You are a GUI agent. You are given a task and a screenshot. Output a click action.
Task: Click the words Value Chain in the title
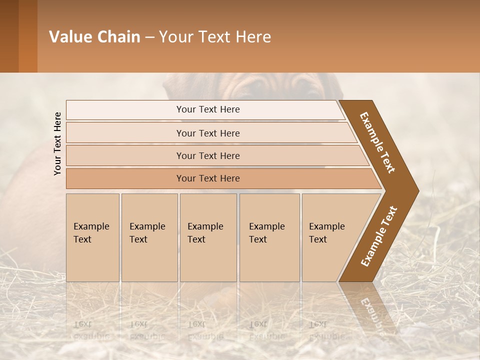coord(94,37)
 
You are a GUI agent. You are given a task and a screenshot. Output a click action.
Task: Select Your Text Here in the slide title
coord(215,37)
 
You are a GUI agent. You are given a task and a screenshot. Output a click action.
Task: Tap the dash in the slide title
coord(149,37)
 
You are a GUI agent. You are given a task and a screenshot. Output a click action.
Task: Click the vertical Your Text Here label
coord(57,143)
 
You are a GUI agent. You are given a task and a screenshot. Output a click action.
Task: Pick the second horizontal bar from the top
coord(207,133)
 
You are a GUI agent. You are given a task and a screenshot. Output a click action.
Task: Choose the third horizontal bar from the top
coord(207,155)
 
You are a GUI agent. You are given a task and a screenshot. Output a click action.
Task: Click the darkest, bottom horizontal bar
coord(207,178)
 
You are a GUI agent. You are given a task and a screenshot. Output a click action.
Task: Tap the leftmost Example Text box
coord(92,237)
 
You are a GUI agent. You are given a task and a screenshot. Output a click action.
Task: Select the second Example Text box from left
coord(149,237)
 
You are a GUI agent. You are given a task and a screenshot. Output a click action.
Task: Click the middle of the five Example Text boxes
coord(208,237)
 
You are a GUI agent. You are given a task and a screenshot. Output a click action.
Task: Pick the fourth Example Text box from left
coord(269,237)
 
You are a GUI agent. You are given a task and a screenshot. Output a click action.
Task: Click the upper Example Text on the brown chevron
coord(377,142)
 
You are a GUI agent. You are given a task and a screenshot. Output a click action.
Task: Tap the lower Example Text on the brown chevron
coord(379,236)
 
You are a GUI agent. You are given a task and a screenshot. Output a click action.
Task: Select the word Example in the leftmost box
coord(91,226)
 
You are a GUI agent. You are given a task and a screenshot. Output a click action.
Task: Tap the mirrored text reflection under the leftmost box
coord(91,330)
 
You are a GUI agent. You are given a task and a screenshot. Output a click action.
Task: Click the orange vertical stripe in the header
coord(27,36)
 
